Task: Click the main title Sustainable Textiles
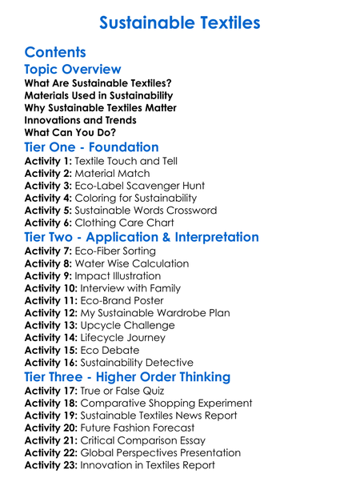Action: (x=180, y=22)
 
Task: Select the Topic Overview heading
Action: (x=73, y=70)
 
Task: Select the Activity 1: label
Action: (x=48, y=161)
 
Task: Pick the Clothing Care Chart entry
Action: (x=124, y=223)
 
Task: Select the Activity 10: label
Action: (x=51, y=288)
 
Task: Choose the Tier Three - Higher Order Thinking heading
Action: (x=139, y=377)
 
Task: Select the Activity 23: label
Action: (x=51, y=464)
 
